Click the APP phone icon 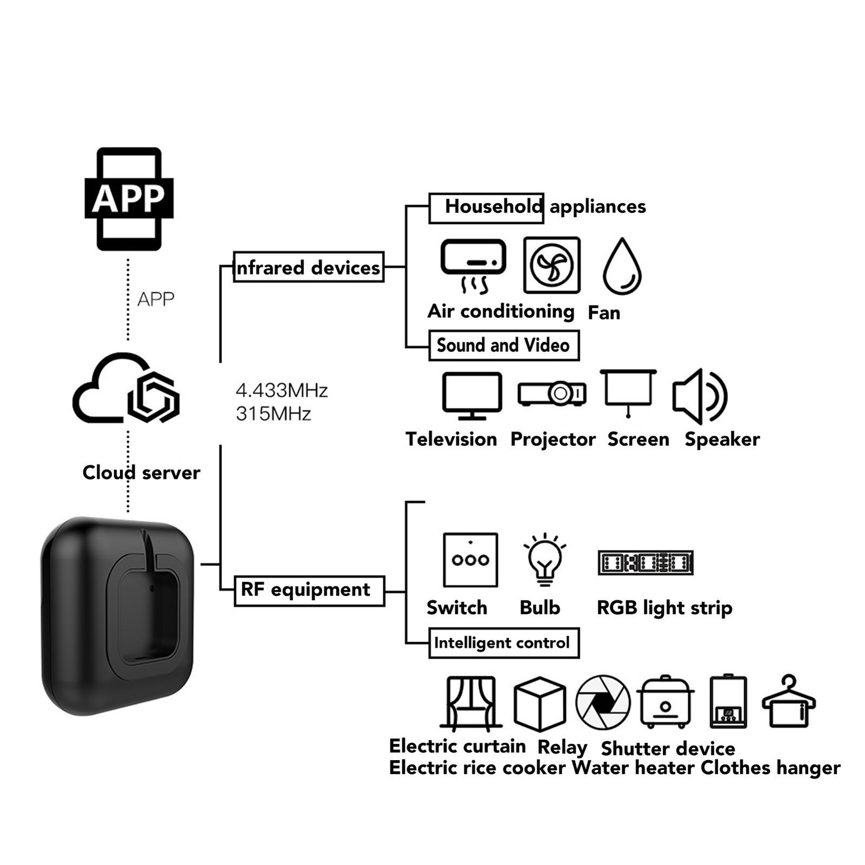[x=129, y=198]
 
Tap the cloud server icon [x=126, y=388]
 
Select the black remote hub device [x=117, y=616]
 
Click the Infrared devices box [x=308, y=267]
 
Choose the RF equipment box [x=309, y=590]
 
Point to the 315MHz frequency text [x=274, y=414]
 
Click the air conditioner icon [x=473, y=265]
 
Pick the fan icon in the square [x=551, y=265]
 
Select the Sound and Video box [x=503, y=345]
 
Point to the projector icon [x=551, y=394]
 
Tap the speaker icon [x=700, y=396]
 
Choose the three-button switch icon [x=470, y=560]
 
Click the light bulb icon [x=544, y=560]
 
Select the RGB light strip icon [x=646, y=562]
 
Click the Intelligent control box [x=503, y=643]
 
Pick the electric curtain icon [x=470, y=703]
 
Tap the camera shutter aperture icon [x=603, y=702]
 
